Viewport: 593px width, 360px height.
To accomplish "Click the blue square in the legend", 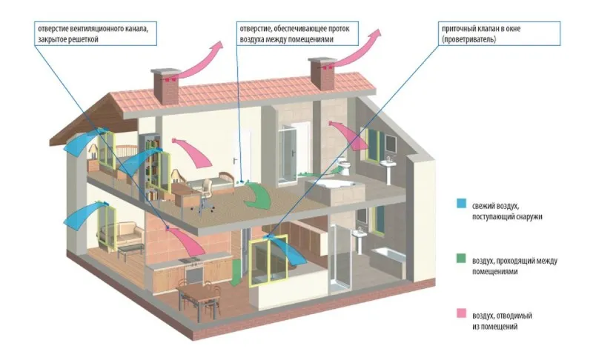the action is [x=461, y=203].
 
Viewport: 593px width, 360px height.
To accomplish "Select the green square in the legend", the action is [x=461, y=259].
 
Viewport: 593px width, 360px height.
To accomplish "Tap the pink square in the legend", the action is [x=461, y=313].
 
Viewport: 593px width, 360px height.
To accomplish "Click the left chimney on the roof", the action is [x=165, y=86].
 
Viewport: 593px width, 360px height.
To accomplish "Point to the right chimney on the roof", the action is [x=322, y=73].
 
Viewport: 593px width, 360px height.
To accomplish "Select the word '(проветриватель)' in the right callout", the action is [x=468, y=39].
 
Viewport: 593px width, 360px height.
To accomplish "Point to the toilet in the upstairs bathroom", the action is [x=344, y=166].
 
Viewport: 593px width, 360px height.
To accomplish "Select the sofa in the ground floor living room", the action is [x=122, y=233].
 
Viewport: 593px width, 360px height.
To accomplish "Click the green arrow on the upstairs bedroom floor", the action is [x=258, y=196].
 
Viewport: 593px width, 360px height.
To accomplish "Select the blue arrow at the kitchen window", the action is [x=289, y=250].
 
